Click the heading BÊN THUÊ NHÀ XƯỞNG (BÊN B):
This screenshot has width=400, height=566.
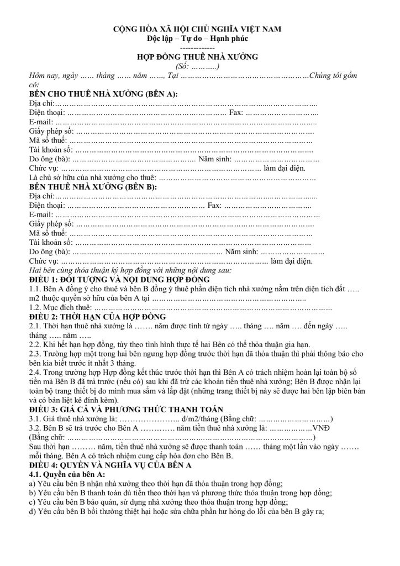point(92,187)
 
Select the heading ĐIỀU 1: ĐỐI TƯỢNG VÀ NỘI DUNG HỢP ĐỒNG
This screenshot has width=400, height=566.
point(119,280)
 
